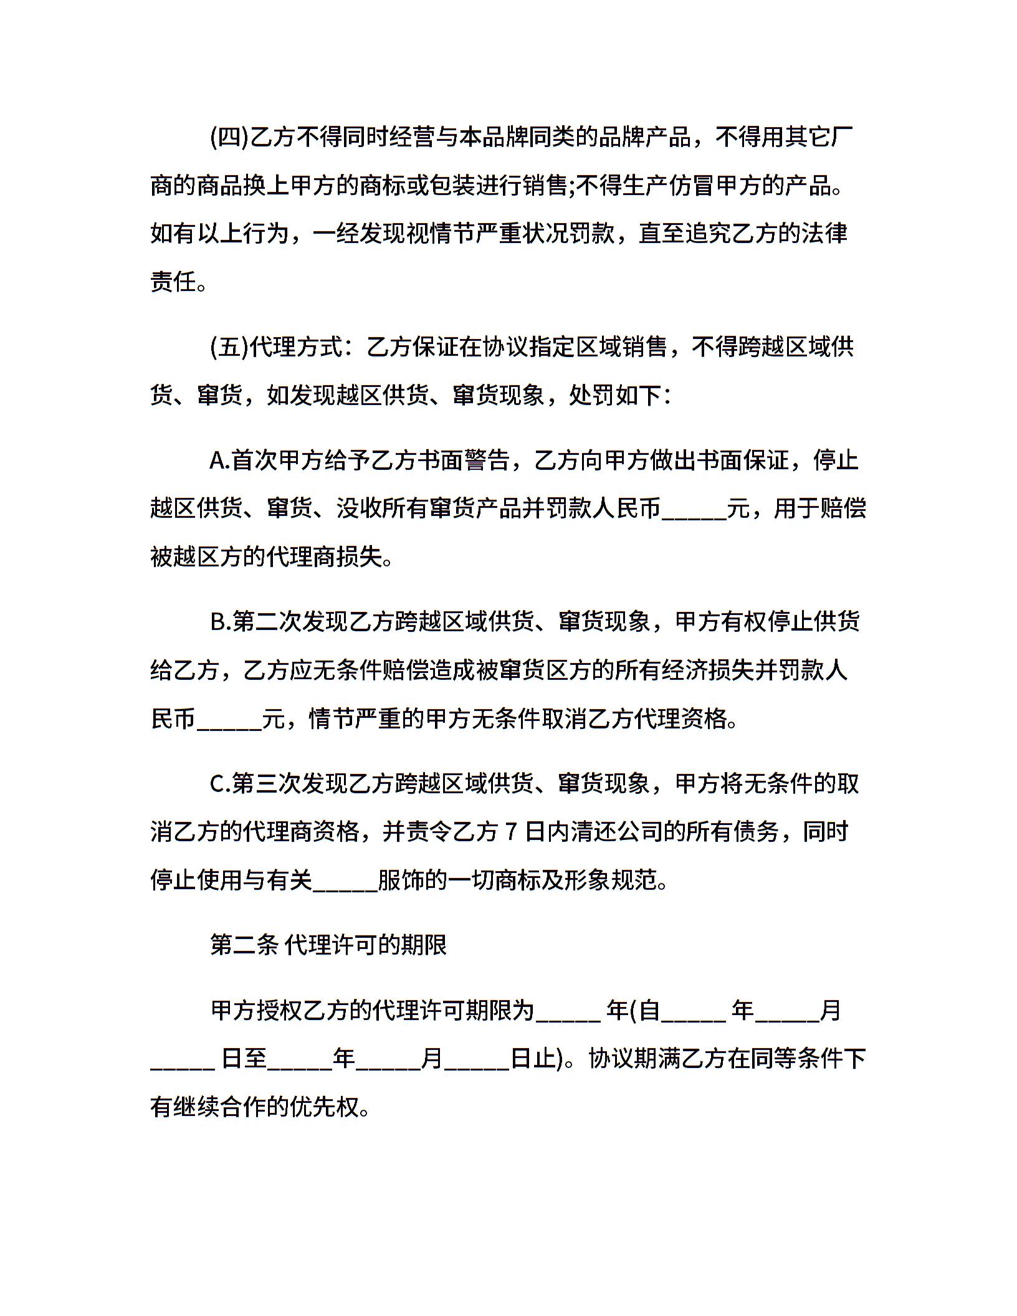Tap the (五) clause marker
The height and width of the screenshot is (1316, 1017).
point(229,348)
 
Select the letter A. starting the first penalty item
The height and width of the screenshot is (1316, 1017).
point(220,461)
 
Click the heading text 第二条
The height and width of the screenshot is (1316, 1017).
point(244,945)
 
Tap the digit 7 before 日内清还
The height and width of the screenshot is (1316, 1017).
point(511,832)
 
